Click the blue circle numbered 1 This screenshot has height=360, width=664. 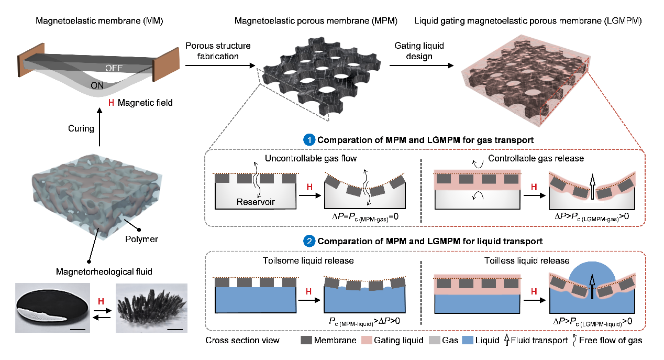pos(310,140)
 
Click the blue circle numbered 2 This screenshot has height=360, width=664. pos(310,242)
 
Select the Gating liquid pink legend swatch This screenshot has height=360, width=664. pos(367,341)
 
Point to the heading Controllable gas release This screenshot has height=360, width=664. pos(523,158)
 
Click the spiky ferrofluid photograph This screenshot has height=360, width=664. pos(150,307)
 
